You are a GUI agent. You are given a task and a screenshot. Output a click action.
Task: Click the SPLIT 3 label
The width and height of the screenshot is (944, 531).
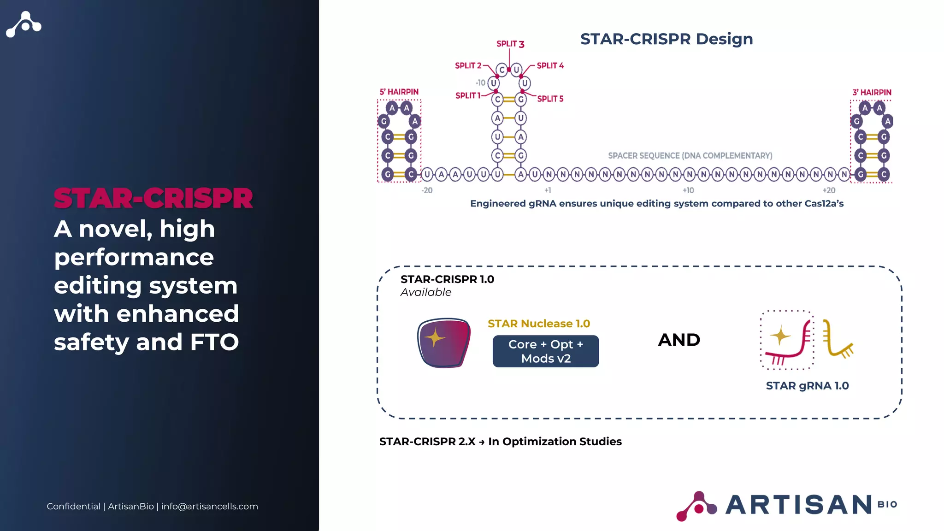click(510, 44)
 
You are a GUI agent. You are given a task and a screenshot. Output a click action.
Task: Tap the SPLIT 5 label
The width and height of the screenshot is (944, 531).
click(550, 99)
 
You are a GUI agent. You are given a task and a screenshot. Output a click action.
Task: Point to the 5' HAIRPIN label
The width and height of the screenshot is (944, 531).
click(399, 92)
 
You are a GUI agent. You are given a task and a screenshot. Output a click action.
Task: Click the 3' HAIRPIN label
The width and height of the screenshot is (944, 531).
click(872, 92)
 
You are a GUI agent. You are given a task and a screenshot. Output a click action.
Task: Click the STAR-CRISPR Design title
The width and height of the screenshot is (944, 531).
click(666, 39)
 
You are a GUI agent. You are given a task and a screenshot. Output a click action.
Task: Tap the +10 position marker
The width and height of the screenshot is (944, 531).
click(688, 190)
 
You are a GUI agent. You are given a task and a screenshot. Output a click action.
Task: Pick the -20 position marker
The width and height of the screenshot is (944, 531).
click(427, 190)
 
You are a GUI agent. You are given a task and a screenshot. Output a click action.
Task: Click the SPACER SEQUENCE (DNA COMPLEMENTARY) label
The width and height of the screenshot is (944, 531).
click(690, 156)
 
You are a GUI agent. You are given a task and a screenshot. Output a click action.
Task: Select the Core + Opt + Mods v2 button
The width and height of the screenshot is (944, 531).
click(546, 351)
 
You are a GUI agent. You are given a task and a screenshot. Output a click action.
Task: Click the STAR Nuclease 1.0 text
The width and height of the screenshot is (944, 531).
click(539, 324)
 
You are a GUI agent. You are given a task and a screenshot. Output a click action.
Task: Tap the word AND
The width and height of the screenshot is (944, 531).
click(679, 340)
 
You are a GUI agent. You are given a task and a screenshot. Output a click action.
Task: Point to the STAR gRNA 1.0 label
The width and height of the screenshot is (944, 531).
click(807, 386)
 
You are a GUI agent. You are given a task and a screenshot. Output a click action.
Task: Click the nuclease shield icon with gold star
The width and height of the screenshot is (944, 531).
click(443, 342)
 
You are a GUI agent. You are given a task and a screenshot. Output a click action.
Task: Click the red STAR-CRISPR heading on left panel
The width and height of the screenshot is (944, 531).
click(153, 199)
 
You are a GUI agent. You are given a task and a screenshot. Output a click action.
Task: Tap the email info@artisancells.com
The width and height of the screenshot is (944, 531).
click(209, 506)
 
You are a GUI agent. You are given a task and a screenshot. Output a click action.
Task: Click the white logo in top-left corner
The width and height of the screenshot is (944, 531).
click(24, 24)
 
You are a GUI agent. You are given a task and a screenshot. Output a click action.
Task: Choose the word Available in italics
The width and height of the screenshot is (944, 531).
click(426, 292)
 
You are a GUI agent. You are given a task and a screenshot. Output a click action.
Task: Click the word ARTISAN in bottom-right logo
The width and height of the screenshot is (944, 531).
click(799, 505)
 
